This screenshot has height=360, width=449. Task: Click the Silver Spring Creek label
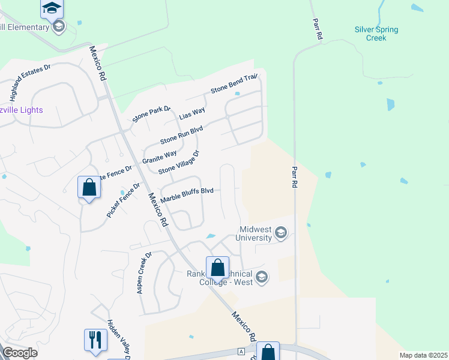coord(376,34)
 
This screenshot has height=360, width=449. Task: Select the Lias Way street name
coord(192,112)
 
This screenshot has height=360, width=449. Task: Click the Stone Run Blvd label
coord(181,135)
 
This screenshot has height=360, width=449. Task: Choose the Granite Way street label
coord(159,157)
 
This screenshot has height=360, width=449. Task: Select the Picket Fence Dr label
coord(123,199)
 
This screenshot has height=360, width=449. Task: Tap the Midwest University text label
coord(264,233)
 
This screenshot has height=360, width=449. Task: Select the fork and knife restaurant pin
coord(95,340)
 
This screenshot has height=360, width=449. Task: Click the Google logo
coord(20,353)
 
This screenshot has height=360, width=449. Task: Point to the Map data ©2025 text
coord(423,355)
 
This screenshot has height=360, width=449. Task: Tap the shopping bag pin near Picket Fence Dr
coord(89,187)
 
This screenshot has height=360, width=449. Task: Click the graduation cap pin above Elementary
coord(52,8)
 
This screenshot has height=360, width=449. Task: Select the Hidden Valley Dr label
coord(118,340)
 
